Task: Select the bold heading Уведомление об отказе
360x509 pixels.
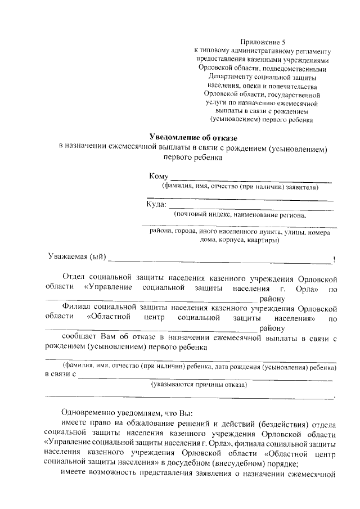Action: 194,138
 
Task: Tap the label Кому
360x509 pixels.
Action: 158,177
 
